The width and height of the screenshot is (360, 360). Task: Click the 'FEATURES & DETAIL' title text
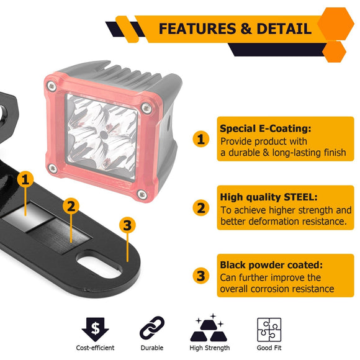(x=235, y=29)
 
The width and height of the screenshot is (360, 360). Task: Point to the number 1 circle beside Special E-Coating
(x=200, y=139)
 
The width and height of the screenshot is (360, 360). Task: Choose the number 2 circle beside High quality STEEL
(x=200, y=208)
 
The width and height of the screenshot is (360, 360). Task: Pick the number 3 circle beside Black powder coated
(x=200, y=276)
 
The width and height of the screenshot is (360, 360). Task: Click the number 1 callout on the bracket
(x=25, y=180)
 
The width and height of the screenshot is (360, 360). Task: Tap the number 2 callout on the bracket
(x=71, y=205)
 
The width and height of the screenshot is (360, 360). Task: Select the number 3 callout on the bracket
(x=127, y=225)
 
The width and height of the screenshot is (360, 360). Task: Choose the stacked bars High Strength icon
(x=209, y=327)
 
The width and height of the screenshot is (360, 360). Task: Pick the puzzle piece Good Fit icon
(x=269, y=329)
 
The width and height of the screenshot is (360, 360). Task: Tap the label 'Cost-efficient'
(x=95, y=348)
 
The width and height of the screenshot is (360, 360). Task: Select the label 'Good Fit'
(x=269, y=348)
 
